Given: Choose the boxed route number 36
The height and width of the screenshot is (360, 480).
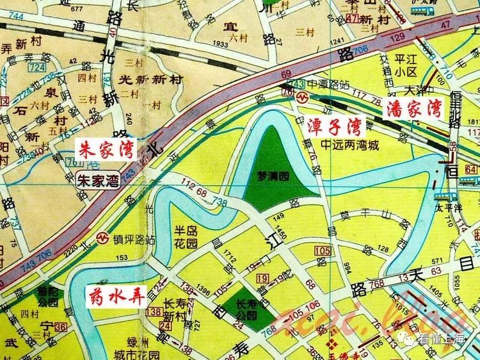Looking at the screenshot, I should pyautogui.click(x=61, y=327).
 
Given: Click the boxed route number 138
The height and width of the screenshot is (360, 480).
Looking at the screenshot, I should pyautogui.click(x=153, y=311).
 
